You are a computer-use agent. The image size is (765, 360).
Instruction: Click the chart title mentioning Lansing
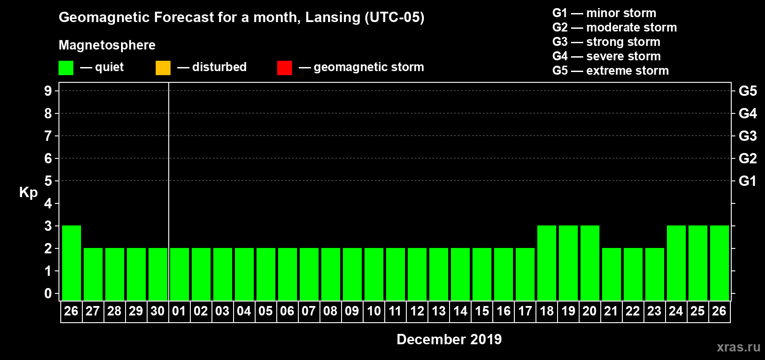(241, 18)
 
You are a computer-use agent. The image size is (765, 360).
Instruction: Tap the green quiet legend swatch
(66, 68)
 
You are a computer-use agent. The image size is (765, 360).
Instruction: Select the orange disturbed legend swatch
(163, 68)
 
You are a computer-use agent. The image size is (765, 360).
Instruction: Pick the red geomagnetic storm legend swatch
(284, 68)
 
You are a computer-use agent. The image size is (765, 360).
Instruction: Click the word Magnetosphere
(107, 45)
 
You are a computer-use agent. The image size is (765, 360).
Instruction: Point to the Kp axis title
(28, 193)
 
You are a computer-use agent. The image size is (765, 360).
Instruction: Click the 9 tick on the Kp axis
(48, 91)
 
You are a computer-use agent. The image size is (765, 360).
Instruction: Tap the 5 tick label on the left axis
(48, 181)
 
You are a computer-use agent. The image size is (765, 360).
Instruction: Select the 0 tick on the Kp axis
(48, 293)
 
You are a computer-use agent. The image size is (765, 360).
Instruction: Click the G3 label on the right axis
(747, 136)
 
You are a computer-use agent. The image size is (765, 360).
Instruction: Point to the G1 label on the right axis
(747, 181)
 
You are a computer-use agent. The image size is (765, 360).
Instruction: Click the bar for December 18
(547, 263)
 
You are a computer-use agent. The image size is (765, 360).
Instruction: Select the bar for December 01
(180, 274)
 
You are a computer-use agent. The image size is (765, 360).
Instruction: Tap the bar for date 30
(158, 274)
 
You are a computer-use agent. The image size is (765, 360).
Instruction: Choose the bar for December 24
(676, 263)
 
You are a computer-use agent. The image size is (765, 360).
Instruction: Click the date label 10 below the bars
(374, 311)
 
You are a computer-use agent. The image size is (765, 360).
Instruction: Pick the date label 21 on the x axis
(611, 311)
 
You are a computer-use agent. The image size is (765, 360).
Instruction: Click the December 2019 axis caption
(449, 339)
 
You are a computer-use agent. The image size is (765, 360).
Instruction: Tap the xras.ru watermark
(738, 347)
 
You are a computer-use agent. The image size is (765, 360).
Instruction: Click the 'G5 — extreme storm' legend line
(610, 71)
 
